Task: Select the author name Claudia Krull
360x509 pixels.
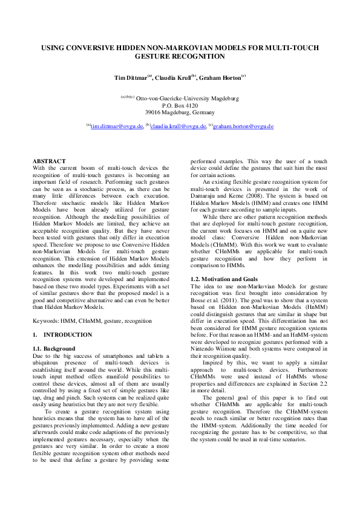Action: pyautogui.click(x=172, y=78)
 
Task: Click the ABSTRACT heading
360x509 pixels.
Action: pyautogui.click(x=48, y=160)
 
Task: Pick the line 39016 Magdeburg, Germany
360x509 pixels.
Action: pyautogui.click(x=180, y=112)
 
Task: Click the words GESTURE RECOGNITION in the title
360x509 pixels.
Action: pyautogui.click(x=180, y=56)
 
